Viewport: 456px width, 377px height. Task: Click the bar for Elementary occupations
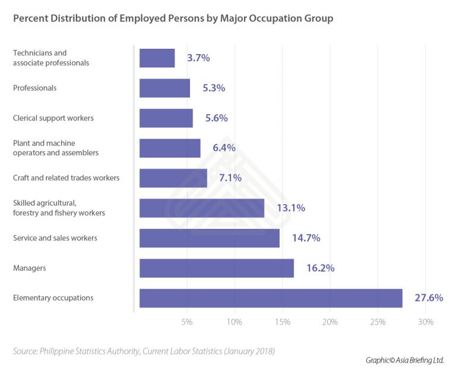[x=271, y=298]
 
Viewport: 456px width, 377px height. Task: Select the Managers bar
[x=217, y=268]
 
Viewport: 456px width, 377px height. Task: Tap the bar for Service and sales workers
[x=210, y=238]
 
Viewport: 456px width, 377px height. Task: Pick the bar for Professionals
[x=164, y=88]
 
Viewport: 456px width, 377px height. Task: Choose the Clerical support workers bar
[x=166, y=118]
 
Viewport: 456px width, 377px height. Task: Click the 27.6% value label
[x=429, y=298]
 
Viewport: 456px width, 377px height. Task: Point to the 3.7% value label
[x=198, y=58]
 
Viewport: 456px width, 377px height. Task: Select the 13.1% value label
[x=291, y=208]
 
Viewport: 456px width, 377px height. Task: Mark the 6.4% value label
[x=224, y=148]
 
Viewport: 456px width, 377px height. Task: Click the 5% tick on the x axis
[x=187, y=322]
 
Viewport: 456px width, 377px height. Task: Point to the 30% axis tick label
[x=426, y=322]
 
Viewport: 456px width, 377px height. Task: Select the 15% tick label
[x=282, y=322]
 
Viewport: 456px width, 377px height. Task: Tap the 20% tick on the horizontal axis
[x=330, y=322]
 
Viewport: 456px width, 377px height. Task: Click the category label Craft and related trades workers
[x=66, y=178]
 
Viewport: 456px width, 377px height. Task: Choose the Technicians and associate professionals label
[x=51, y=58]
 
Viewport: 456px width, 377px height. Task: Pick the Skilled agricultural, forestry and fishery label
[x=59, y=208]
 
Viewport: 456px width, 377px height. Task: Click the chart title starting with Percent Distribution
[x=173, y=18]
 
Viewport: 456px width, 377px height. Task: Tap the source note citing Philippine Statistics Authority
[x=144, y=351]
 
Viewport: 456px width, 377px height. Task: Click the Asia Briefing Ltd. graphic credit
[x=404, y=360]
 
